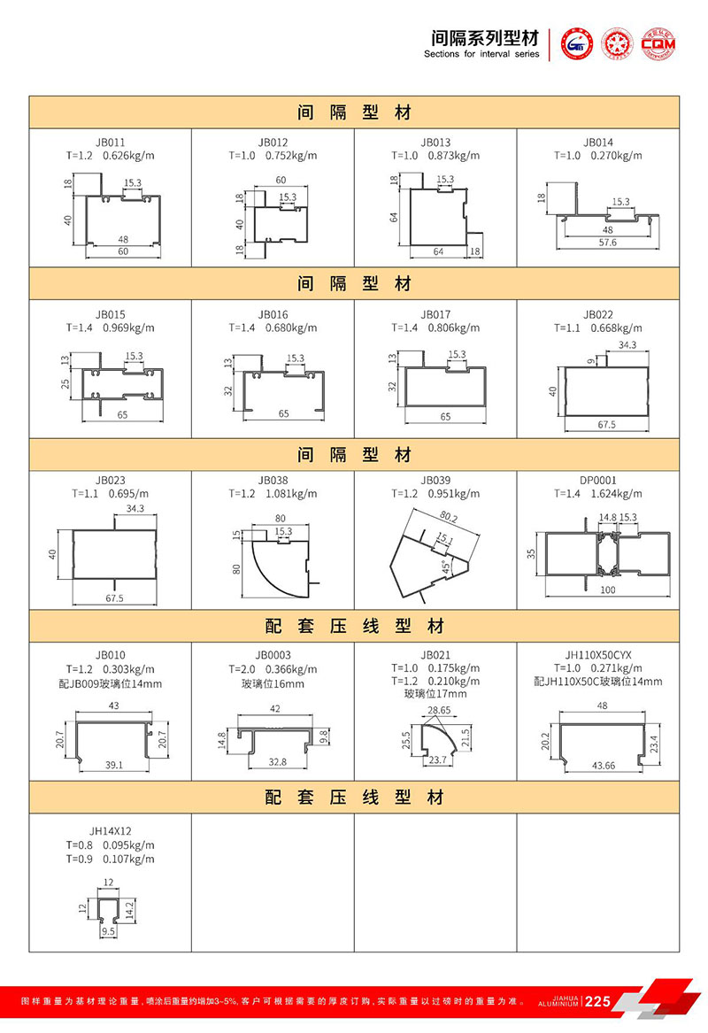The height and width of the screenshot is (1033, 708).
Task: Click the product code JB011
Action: tap(111, 142)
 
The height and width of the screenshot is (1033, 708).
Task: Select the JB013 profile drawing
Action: tap(435, 213)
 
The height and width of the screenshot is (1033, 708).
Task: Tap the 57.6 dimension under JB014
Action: tap(607, 242)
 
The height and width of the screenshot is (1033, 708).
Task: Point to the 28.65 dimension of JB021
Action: tap(438, 711)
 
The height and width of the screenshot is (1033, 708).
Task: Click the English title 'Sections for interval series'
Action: tap(481, 54)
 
